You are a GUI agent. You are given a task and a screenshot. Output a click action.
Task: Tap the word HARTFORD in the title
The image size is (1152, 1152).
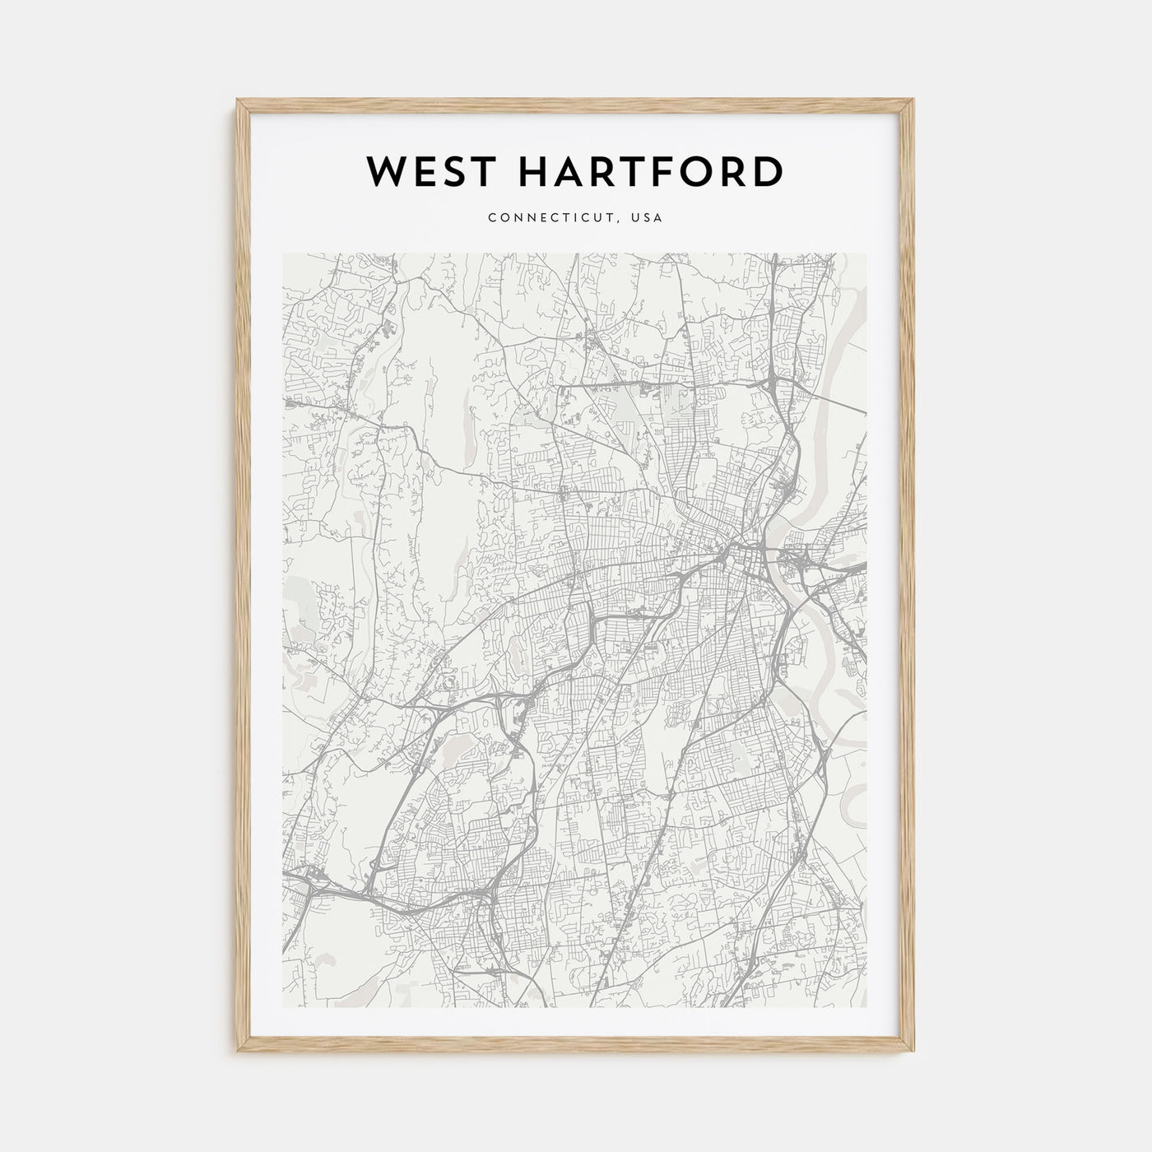(639, 171)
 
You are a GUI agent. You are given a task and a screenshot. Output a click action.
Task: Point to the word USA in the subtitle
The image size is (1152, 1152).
(648, 218)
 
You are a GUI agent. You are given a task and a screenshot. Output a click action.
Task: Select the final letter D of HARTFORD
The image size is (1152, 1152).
(768, 171)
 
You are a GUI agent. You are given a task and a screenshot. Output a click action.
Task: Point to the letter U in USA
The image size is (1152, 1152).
(638, 218)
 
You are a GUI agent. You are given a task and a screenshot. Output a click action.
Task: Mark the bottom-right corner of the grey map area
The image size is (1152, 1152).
(866, 1008)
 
